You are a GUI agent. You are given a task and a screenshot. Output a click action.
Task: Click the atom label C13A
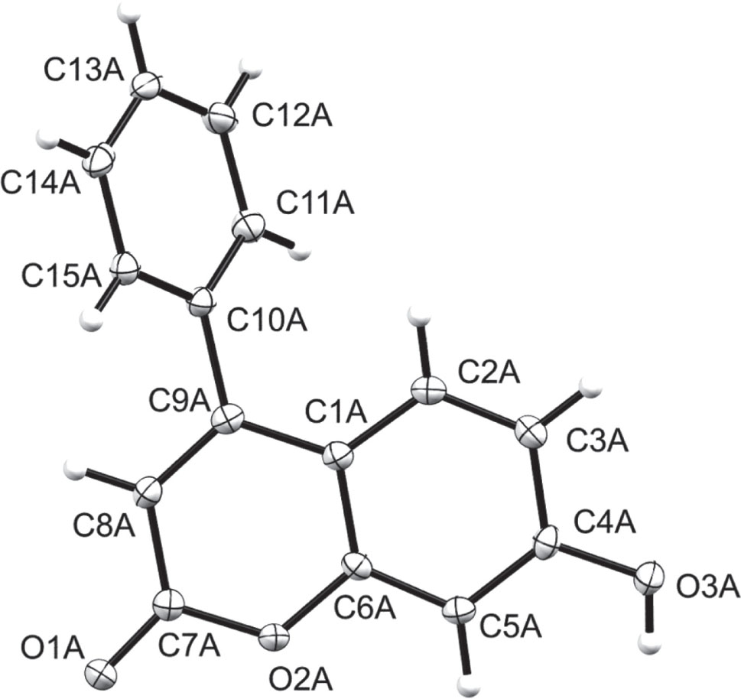(x=83, y=73)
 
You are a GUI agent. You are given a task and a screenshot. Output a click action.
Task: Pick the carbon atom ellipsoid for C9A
(x=229, y=418)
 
